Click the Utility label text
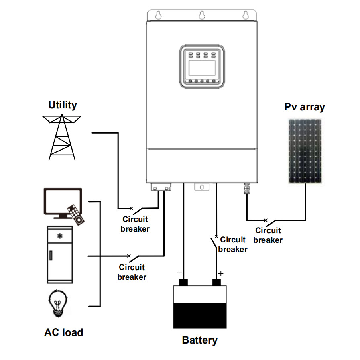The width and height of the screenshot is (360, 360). [63, 105]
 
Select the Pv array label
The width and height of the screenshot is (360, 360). [304, 107]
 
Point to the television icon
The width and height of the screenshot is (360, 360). [63, 201]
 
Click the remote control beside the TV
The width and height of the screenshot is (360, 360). [76, 214]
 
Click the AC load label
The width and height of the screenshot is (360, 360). [64, 332]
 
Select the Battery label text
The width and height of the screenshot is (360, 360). [199, 340]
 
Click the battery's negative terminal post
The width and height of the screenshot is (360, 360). [183, 282]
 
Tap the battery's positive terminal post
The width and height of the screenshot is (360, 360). [217, 282]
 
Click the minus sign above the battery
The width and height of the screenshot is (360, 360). [179, 273]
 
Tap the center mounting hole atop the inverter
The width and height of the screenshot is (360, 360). [201, 15]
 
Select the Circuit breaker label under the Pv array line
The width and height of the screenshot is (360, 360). [268, 235]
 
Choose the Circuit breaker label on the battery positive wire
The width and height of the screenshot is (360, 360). [233, 244]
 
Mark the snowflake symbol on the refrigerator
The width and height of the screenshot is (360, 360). [60, 236]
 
